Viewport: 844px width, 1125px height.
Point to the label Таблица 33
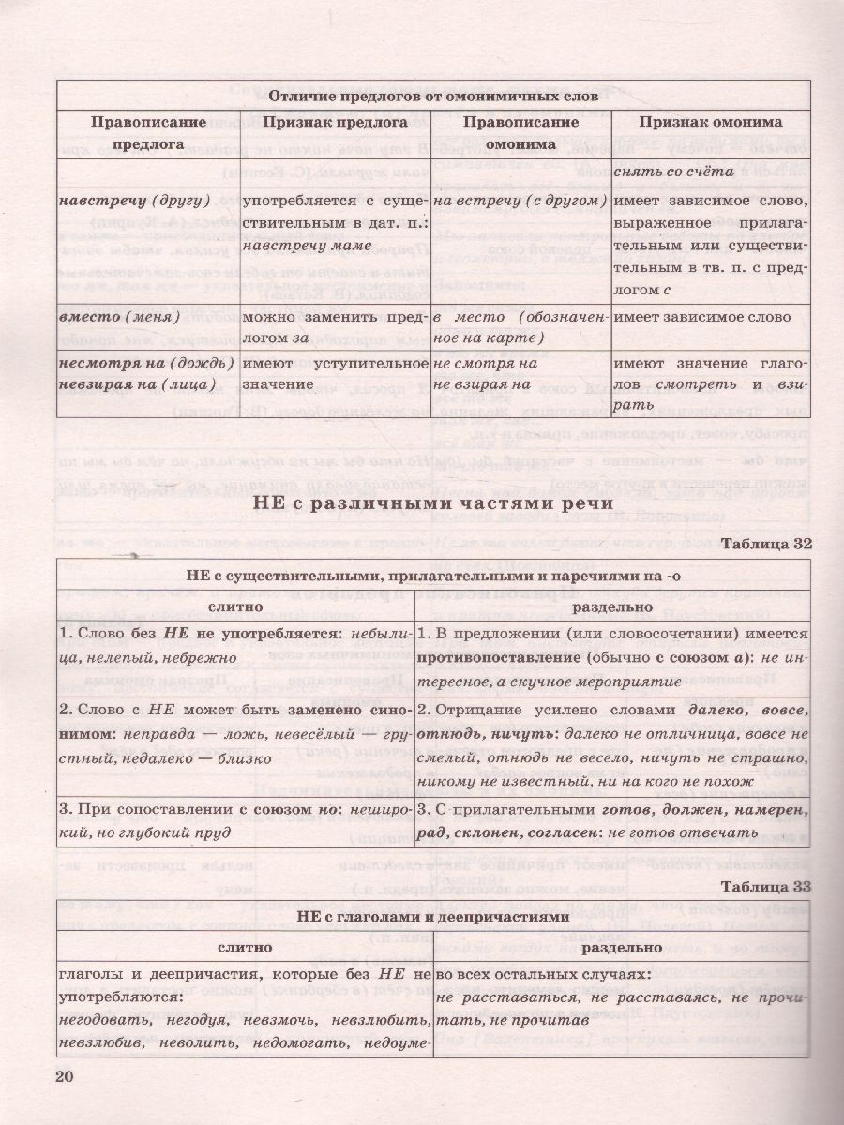[757, 886]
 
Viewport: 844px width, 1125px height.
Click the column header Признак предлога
[335, 123]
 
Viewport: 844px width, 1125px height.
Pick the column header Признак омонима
[710, 123]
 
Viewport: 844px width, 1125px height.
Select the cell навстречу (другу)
[118, 201]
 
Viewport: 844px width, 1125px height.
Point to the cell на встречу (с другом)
[520, 201]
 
